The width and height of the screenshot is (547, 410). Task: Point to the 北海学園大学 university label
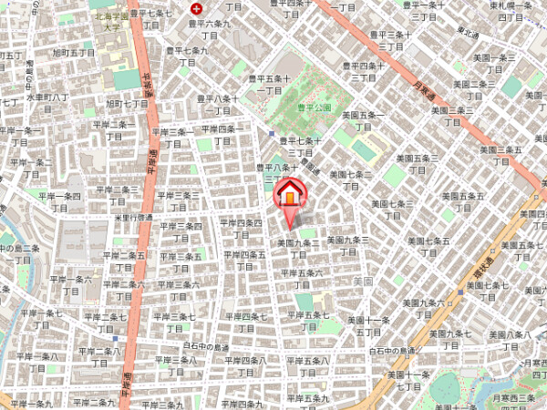pos(109,21)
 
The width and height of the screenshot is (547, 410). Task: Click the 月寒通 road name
pos(419,88)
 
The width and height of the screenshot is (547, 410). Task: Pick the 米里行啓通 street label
pos(133,218)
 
